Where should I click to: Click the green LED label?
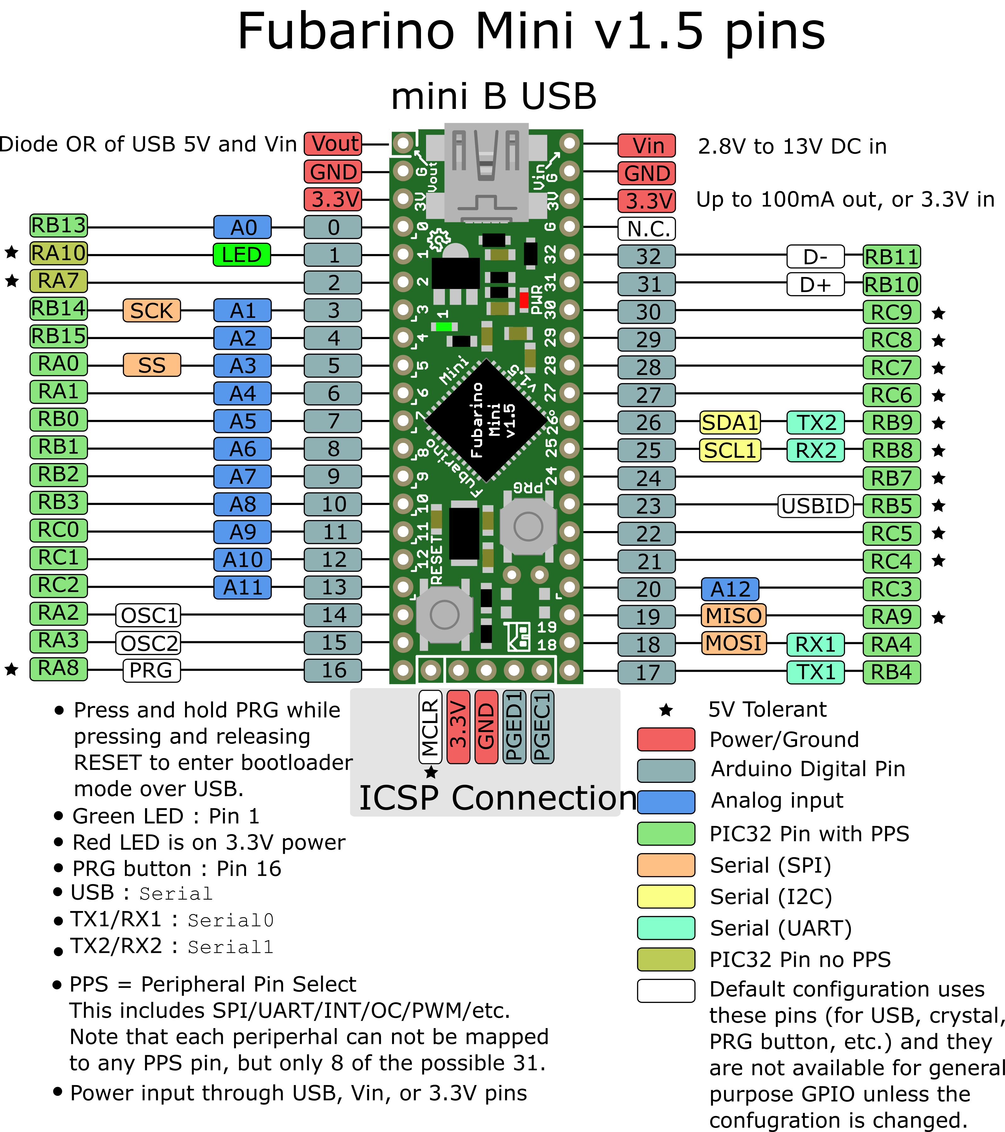[x=242, y=255]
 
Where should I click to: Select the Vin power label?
[x=646, y=146]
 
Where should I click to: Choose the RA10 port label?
[x=59, y=253]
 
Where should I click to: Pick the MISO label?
[x=734, y=615]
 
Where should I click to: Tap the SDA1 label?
[x=730, y=422]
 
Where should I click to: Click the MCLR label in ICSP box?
[x=430, y=727]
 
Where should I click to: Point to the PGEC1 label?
[x=542, y=727]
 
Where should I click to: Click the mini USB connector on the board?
[x=486, y=172]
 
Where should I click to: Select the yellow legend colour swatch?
[x=665, y=896]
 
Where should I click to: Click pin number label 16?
[x=333, y=670]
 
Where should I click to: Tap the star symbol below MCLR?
[x=431, y=772]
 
